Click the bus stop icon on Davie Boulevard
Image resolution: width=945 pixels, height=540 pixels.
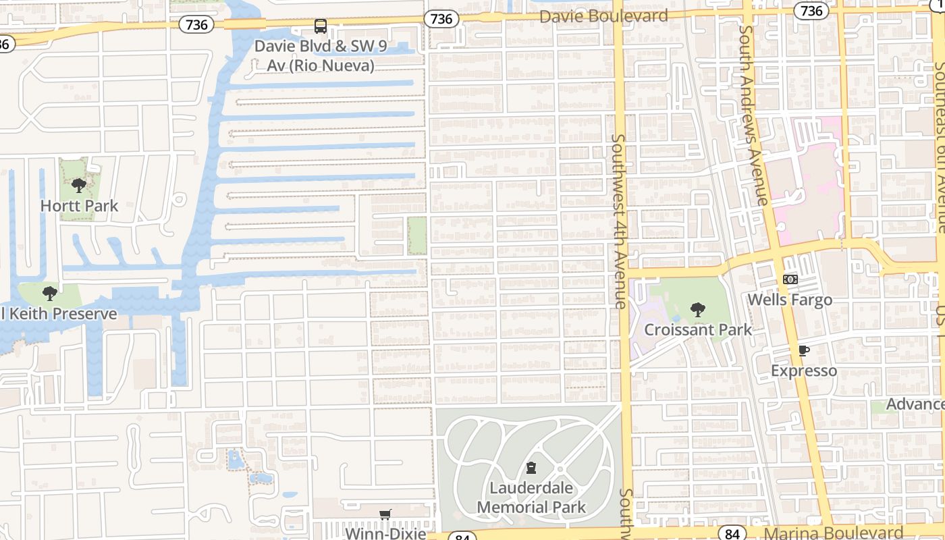[321, 26]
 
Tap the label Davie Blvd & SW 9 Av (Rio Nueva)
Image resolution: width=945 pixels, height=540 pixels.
[314, 55]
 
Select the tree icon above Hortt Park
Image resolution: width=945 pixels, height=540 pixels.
[79, 185]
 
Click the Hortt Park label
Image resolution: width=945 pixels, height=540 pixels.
[79, 206]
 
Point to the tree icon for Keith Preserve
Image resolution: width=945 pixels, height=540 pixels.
[49, 293]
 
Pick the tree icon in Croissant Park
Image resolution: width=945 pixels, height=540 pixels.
[698, 310]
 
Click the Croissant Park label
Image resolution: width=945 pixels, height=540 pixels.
[698, 330]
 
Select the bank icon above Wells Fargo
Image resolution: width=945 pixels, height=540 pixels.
[790, 279]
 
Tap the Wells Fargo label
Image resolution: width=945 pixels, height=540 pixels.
[790, 300]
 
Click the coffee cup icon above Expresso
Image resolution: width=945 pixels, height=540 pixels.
[803, 350]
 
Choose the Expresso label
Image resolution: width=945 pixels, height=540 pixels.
[804, 371]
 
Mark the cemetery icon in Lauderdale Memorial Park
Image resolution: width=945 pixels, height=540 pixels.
[531, 467]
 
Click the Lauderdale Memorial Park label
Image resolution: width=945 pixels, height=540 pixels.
[531, 497]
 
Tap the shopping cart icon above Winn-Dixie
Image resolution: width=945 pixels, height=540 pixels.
[385, 514]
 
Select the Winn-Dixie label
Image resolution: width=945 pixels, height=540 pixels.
[386, 533]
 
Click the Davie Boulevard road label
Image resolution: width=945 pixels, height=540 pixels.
[603, 16]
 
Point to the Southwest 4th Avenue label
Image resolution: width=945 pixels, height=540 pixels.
[618, 221]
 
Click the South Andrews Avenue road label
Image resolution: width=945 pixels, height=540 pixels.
[754, 115]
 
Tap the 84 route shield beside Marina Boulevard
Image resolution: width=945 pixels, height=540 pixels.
[732, 533]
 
